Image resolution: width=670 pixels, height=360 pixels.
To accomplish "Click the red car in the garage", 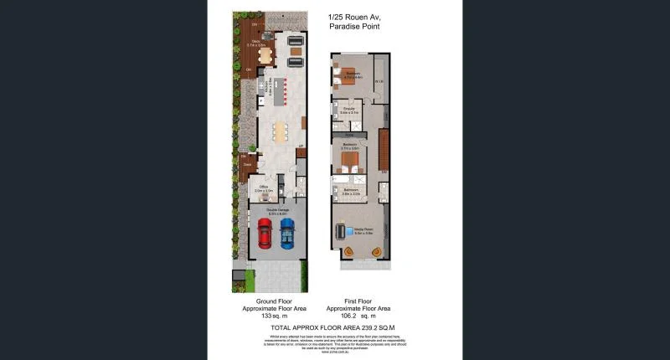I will pos(264,235).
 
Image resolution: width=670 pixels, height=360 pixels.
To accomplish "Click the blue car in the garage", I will pos(287,234).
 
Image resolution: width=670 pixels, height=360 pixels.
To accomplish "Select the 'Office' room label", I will pos(263,187).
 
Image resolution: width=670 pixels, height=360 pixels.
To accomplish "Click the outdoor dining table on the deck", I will pos(265,56).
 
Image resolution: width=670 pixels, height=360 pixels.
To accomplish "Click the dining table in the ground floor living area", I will pos(279,130).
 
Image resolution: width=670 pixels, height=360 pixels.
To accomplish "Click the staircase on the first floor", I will pos(384,151).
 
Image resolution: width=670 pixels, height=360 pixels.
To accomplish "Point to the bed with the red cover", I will pos(349,157).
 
